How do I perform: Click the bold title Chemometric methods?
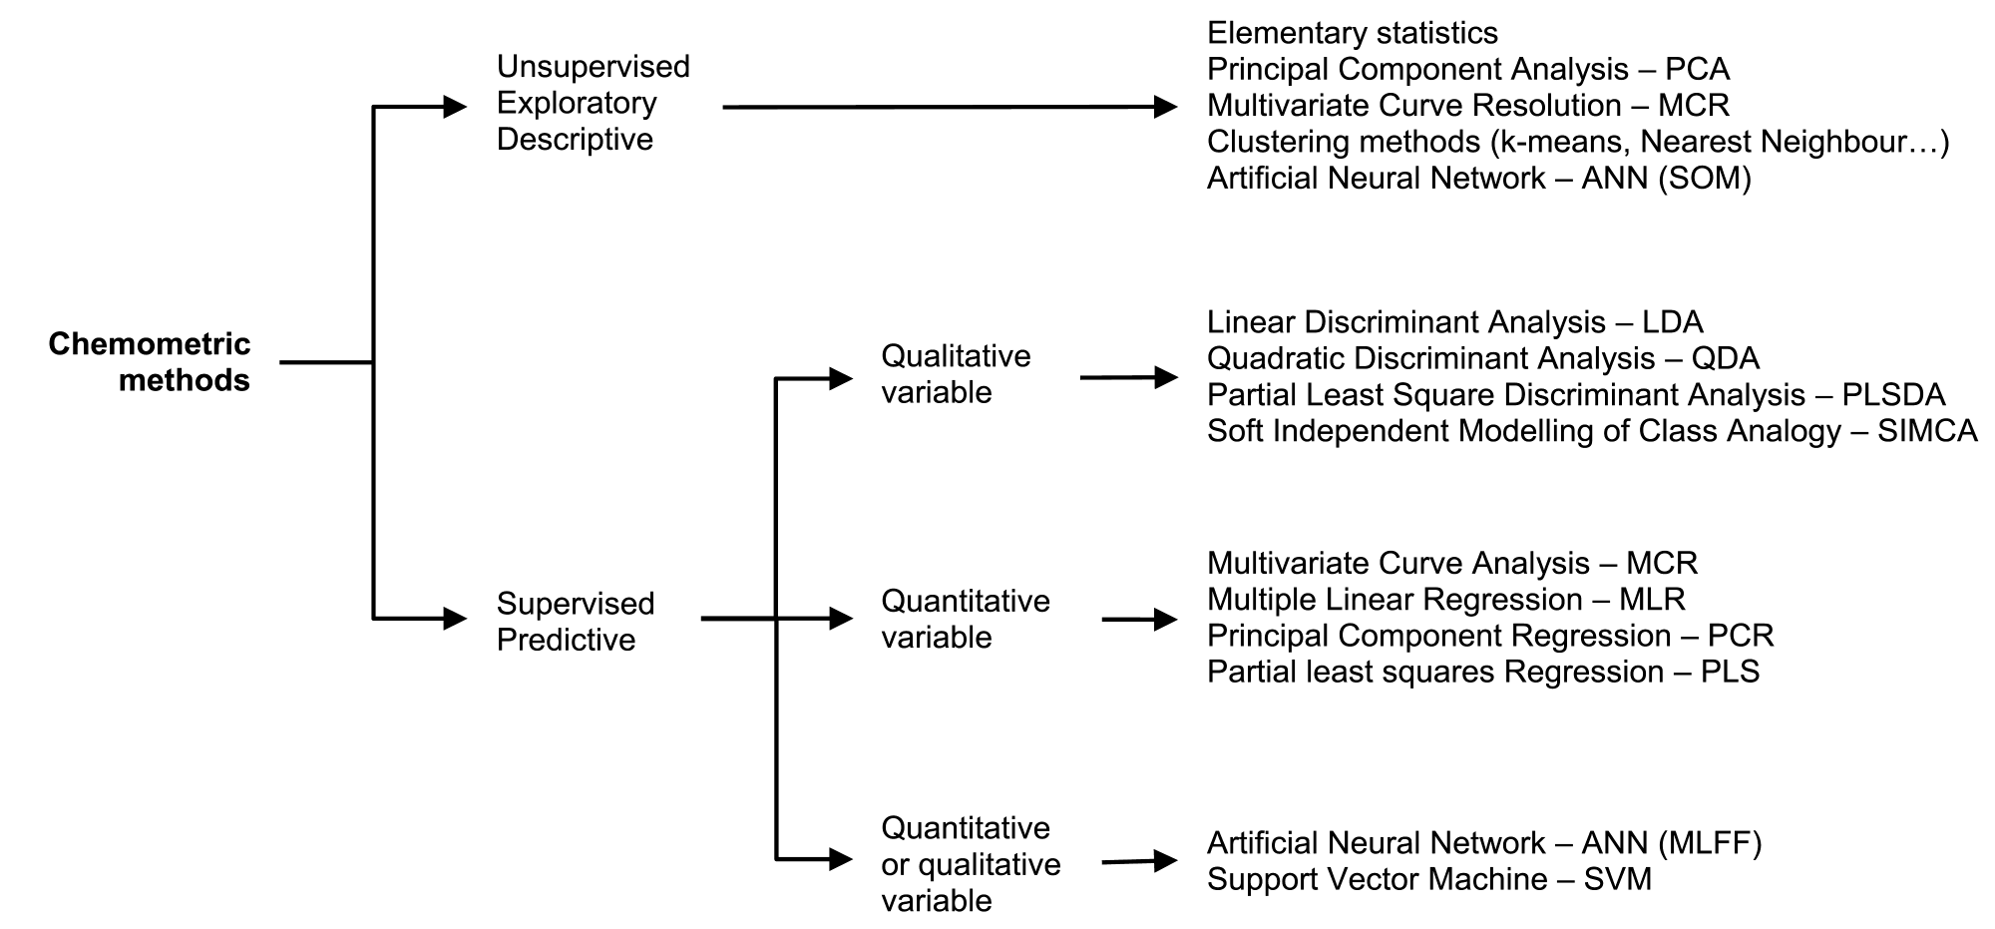pos(150,362)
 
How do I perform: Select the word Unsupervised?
pos(594,67)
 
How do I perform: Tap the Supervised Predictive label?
pos(576,622)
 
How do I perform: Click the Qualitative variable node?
pos(956,374)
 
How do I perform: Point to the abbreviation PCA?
pos(1698,70)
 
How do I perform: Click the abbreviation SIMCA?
pos(1927,431)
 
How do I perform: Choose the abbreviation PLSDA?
pos(1893,395)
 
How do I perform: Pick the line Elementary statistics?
pos(1353,33)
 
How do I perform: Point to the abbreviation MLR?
pos(1652,600)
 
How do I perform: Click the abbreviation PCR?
pos(1741,636)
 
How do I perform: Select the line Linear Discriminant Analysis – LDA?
pos(1455,322)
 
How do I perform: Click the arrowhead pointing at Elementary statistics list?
pos(1166,107)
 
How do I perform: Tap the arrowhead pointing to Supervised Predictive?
pos(455,619)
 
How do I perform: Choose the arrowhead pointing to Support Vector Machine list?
pos(1166,860)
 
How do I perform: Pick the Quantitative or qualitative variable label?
pos(971,864)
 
